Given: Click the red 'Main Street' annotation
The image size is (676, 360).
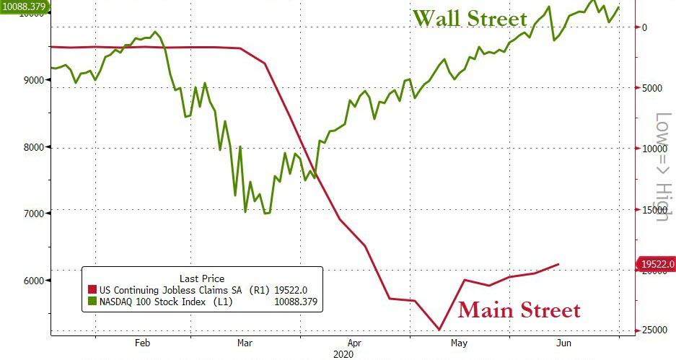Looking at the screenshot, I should tap(519, 310).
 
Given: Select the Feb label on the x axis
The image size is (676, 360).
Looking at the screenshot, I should tap(141, 343).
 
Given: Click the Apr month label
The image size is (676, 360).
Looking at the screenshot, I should tap(354, 343).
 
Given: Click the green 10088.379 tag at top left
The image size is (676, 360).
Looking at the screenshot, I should tap(24, 6).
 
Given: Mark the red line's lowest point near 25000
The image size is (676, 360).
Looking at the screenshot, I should tap(439, 330).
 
